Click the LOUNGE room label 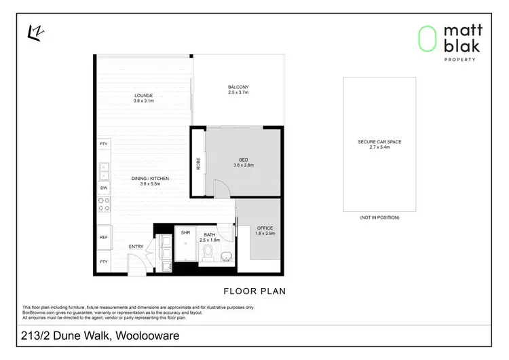coord(144,95)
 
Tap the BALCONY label coord(238,87)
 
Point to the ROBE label coord(199,164)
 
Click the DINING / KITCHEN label coord(150,179)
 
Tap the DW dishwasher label coord(103,187)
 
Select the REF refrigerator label coord(103,237)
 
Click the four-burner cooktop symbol coord(104,205)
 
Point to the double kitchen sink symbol coord(104,167)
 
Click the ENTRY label coord(136,247)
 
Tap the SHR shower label coord(185,232)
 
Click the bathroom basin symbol coord(226,255)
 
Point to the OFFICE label coord(265,230)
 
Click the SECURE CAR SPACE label coord(379,142)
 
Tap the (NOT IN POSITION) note coord(379,217)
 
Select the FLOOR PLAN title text coord(254,291)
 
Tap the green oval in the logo coord(426,39)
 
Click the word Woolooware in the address coord(151,336)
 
